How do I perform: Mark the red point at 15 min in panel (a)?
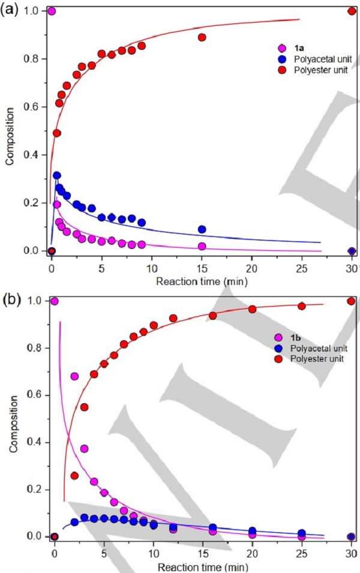[202, 37]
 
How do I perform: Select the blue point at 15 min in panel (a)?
[202, 229]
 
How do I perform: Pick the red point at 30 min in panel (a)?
[352, 11]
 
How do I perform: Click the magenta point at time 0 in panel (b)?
[55, 301]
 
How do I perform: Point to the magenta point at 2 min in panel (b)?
[74, 376]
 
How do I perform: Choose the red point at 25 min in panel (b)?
[302, 306]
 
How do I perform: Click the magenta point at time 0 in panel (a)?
[52, 11]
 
